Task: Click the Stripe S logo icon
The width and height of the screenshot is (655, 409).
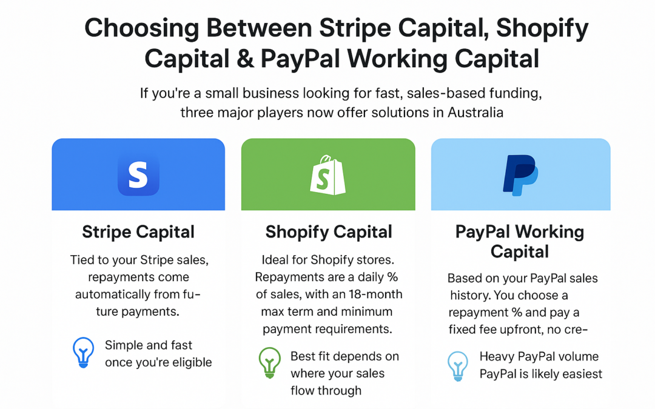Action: [x=138, y=175]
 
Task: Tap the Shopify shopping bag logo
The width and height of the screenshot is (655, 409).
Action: [x=327, y=175]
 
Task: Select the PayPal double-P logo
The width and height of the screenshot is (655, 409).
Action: [x=520, y=175]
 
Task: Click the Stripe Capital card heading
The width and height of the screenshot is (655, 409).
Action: [x=138, y=232]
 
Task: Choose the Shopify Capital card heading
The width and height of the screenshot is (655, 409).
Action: [x=329, y=232]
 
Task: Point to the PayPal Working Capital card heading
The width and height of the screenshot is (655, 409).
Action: [x=520, y=241]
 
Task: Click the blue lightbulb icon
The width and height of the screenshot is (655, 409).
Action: [x=83, y=351]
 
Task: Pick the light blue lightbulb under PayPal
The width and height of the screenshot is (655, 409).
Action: [x=458, y=365]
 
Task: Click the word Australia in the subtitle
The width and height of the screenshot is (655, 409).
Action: [x=475, y=113]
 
